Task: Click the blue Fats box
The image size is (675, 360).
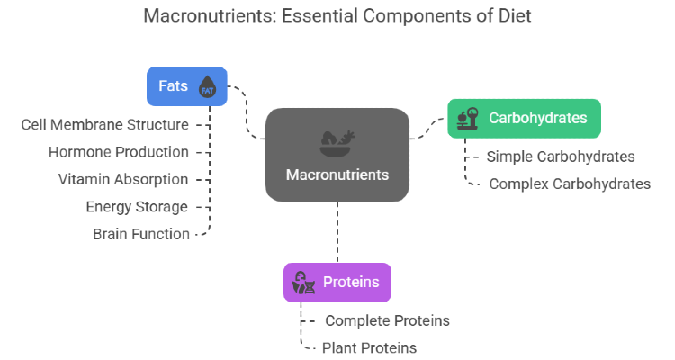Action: [187, 86]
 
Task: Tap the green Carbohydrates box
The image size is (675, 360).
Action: [524, 119]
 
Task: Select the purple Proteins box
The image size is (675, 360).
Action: [337, 283]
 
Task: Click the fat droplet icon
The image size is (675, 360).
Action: [207, 86]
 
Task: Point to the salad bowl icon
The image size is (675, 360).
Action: [337, 143]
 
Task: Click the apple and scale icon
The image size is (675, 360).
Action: [468, 119]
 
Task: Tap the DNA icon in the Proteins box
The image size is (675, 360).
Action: [303, 283]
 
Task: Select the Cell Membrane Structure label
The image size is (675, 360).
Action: [105, 125]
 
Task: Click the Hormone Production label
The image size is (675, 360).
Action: [119, 152]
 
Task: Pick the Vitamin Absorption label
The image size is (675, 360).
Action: [123, 180]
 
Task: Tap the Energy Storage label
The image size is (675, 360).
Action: [137, 207]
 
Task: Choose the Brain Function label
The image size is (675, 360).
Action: [141, 234]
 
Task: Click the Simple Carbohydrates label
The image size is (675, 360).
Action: [561, 157]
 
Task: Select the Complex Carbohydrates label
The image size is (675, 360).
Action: [570, 184]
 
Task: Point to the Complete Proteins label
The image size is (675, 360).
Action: [387, 320]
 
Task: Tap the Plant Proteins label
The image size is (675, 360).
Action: [369, 348]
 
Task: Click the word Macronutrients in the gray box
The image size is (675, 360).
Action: [337, 175]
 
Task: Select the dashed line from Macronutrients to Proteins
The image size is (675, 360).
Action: [337, 232]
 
